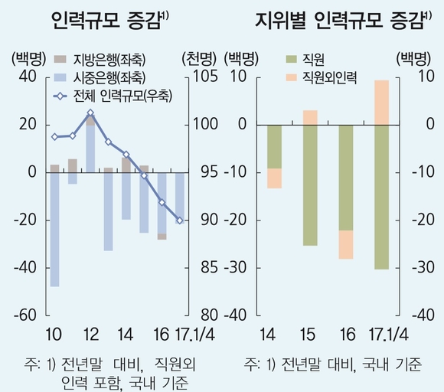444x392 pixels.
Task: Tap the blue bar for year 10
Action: (x=54, y=230)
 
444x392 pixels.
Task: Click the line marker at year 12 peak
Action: (x=90, y=113)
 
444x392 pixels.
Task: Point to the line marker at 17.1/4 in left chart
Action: (x=180, y=220)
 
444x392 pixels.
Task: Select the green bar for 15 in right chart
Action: (x=310, y=185)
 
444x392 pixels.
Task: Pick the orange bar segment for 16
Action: (x=346, y=244)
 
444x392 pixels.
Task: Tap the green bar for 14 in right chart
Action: (x=274, y=146)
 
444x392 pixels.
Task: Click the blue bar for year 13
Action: (x=108, y=212)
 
